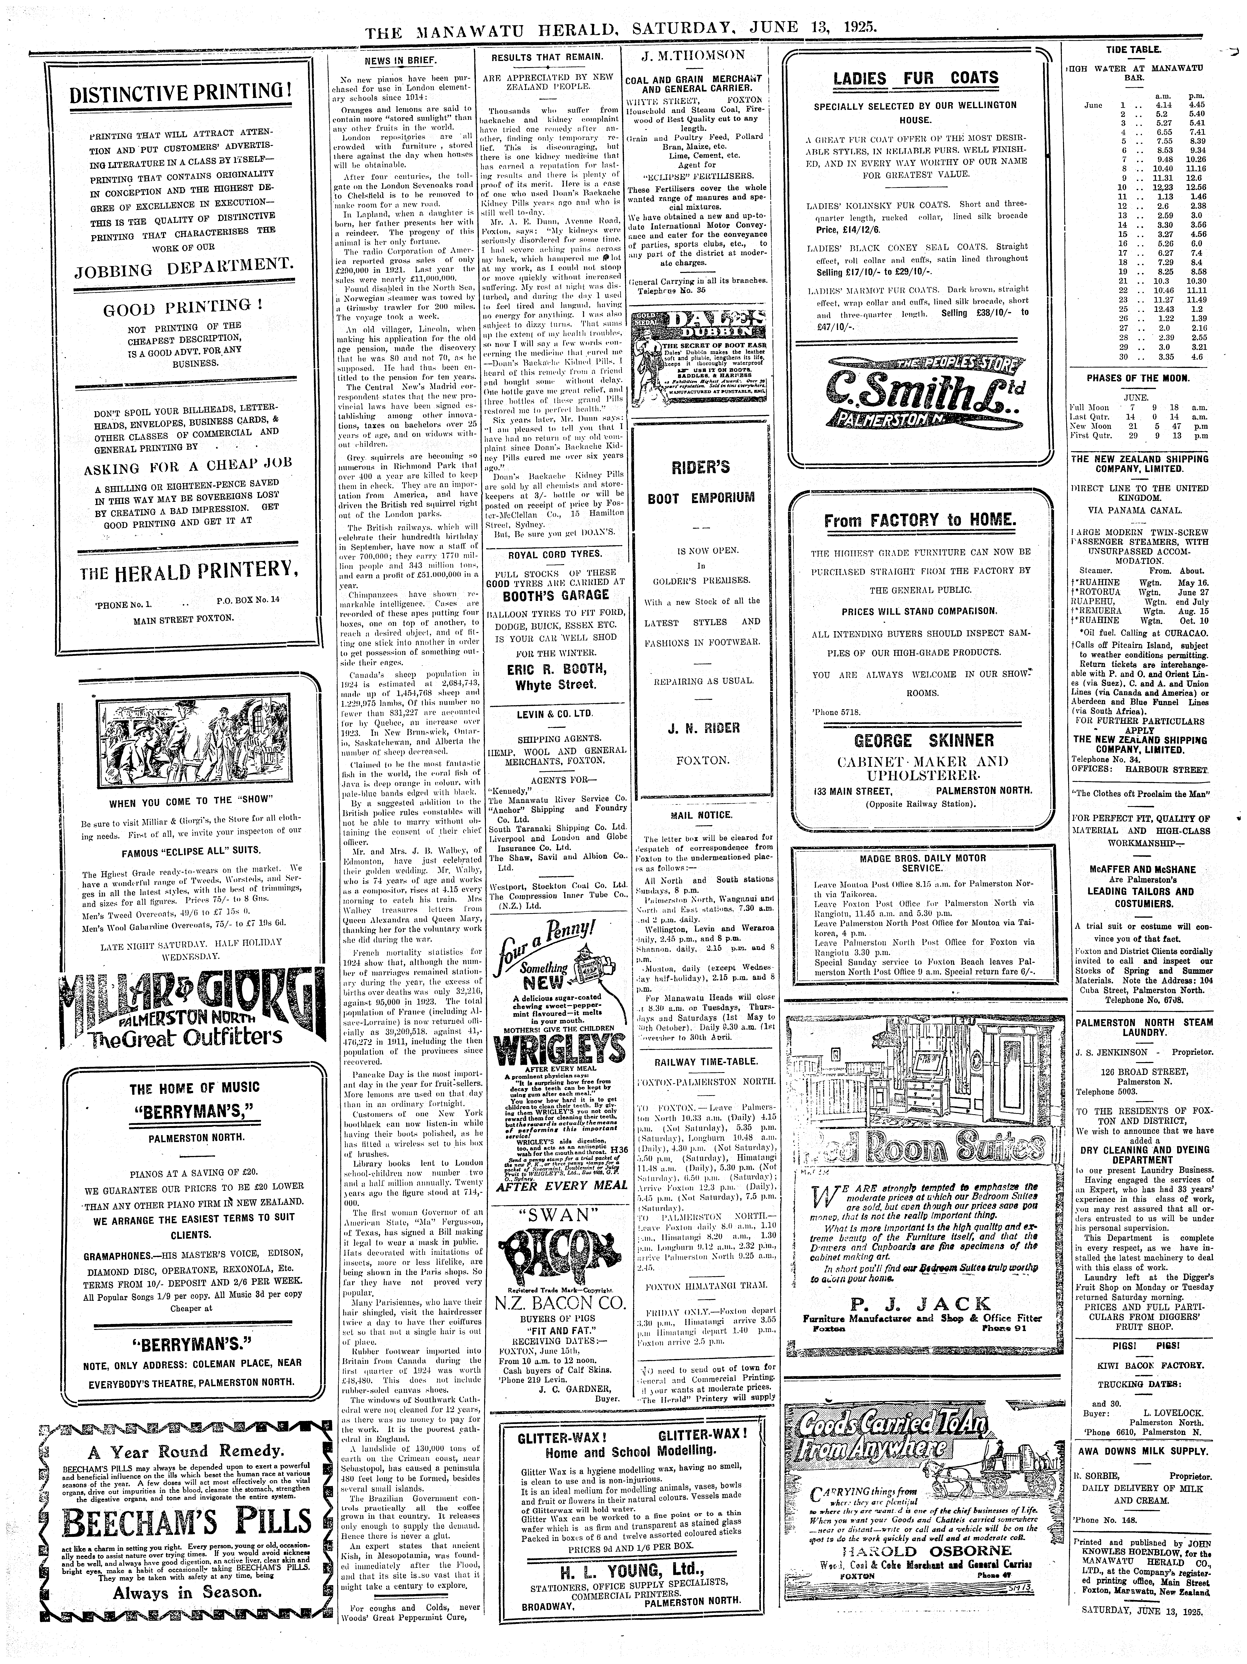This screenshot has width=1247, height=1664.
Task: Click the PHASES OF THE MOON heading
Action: tap(1136, 378)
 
